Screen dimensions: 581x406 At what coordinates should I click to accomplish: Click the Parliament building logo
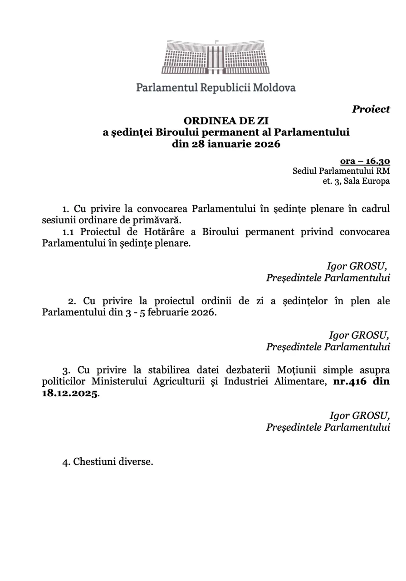(x=215, y=57)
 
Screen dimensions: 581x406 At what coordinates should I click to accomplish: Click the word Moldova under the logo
(x=274, y=88)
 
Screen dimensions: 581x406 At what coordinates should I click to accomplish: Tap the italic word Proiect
(x=371, y=109)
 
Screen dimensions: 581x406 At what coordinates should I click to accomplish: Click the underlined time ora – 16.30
(x=365, y=161)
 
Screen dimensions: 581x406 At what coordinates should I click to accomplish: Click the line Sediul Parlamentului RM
(x=341, y=171)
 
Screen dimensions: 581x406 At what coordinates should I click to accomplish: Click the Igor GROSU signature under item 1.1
(x=357, y=266)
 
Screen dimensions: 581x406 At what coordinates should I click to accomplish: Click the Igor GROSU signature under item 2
(x=359, y=335)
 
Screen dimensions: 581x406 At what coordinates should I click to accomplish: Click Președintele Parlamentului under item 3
(x=328, y=427)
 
